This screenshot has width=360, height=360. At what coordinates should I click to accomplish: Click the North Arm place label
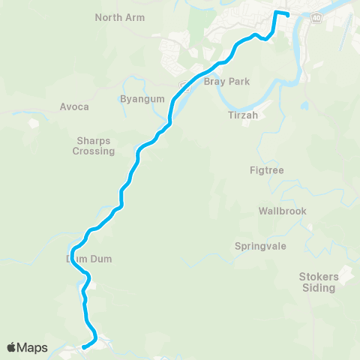coord(119,16)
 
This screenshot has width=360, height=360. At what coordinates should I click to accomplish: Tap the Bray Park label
coord(226,81)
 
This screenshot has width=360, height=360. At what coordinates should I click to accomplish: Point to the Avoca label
coord(74,106)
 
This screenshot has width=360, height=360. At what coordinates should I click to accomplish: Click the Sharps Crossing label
coord(94,145)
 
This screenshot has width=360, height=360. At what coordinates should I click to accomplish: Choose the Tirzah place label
coord(242,115)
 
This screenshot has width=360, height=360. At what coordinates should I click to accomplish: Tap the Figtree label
coord(266,170)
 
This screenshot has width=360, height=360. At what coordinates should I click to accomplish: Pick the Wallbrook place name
coord(282,211)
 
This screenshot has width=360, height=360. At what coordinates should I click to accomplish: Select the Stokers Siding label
coord(319,281)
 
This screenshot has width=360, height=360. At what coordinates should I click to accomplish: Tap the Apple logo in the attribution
coord(13,347)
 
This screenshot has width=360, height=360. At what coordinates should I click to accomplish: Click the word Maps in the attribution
coord(33,347)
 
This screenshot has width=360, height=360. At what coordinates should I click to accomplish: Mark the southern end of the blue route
coord(83,346)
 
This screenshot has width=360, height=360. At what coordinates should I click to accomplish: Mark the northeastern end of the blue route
coord(288,15)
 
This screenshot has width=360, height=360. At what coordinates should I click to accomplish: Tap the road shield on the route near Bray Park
coord(185,87)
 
